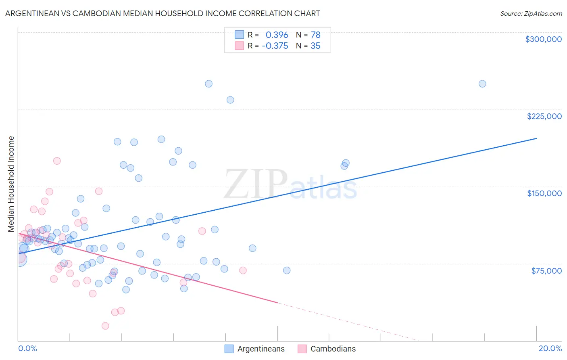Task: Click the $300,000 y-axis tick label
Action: tap(543, 39)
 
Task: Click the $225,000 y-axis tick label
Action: tap(544, 116)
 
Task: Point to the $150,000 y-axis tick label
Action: tap(544, 193)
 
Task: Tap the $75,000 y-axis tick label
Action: tap(546, 271)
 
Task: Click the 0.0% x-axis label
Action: tap(27, 348)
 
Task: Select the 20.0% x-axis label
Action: tap(550, 348)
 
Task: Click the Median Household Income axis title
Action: tap(11, 184)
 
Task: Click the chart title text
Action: tap(163, 13)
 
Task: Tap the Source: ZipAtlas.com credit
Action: tap(531, 13)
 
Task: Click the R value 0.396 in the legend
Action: tap(277, 35)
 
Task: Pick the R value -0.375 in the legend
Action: tap(275, 46)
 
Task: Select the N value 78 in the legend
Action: tap(315, 35)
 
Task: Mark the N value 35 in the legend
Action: tap(315, 46)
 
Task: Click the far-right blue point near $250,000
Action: tap(482, 84)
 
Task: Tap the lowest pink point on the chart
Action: tap(105, 326)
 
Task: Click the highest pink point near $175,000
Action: tap(57, 161)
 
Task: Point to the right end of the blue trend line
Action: tap(536, 138)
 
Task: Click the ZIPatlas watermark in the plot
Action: tap(290, 185)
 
